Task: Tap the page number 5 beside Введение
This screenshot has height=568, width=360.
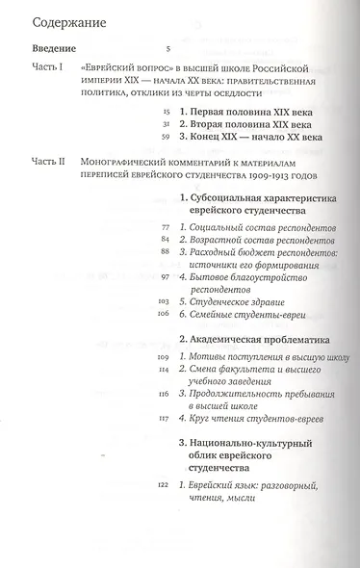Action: click(x=168, y=46)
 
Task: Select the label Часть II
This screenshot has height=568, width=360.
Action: click(x=50, y=164)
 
